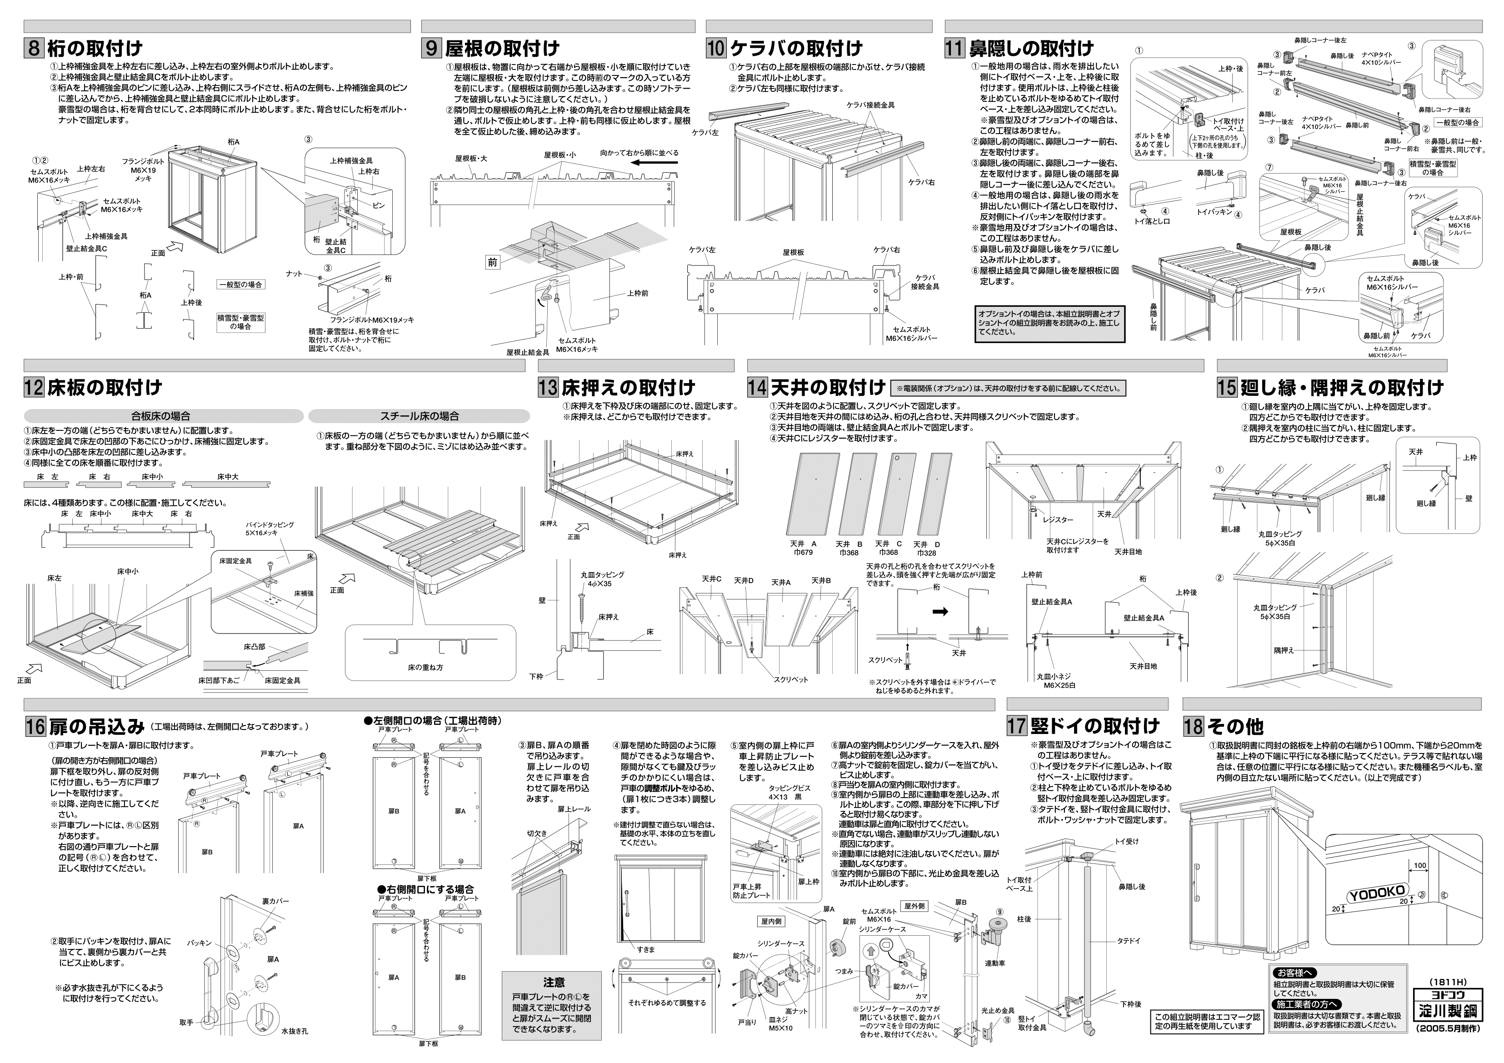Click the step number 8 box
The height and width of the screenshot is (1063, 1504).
tap(34, 49)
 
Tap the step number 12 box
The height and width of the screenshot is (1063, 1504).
tap(34, 388)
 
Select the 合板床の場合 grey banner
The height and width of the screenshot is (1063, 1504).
tap(164, 416)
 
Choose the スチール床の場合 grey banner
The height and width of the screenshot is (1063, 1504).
tap(419, 416)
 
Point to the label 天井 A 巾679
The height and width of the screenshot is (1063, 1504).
tap(804, 548)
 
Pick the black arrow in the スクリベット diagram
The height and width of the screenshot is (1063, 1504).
tap(940, 612)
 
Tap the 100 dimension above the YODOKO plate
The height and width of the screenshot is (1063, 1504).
tap(1419, 866)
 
